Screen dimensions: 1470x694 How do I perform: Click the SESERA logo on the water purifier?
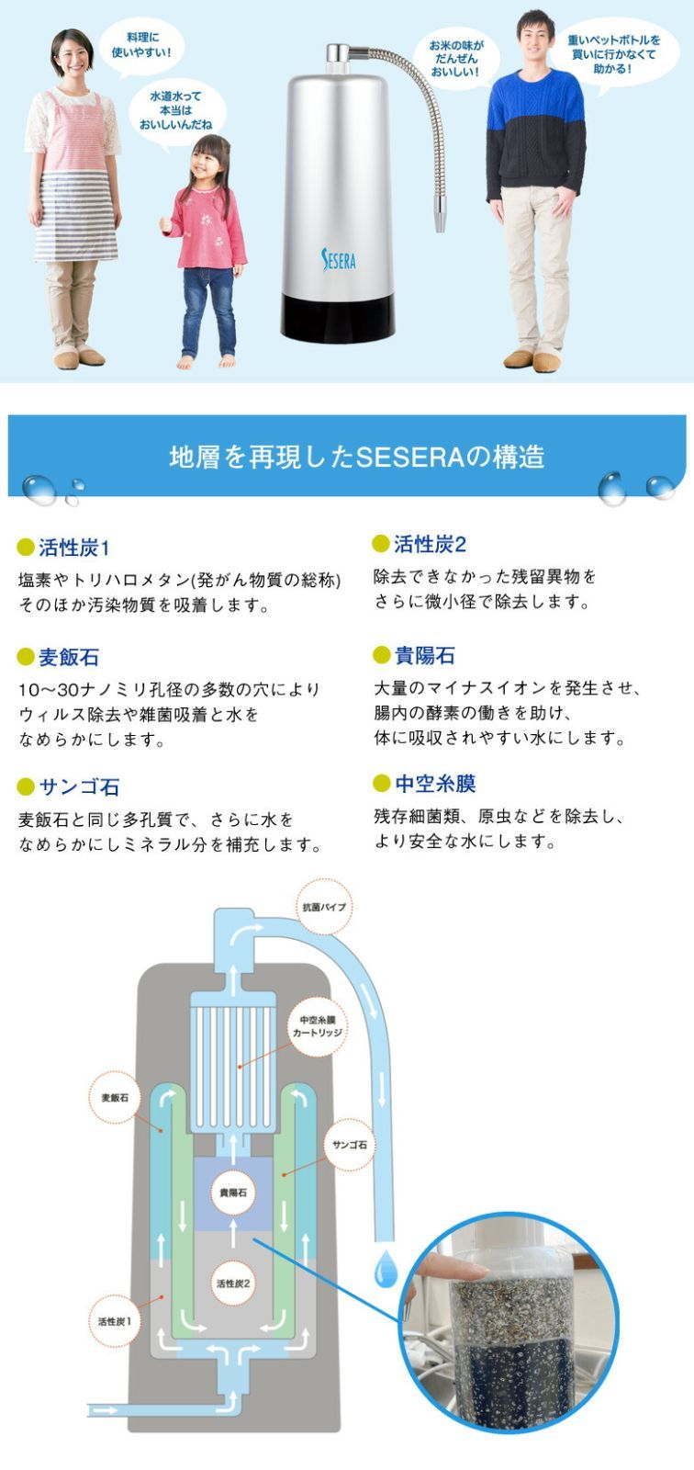(x=339, y=258)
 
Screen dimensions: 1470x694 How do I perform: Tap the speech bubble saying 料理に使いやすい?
(x=141, y=45)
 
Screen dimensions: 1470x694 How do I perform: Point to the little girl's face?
(x=210, y=159)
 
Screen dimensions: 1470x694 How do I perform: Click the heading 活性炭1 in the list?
(x=74, y=548)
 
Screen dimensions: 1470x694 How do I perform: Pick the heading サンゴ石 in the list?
(x=79, y=787)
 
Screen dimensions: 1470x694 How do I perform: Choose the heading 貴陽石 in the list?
(x=424, y=655)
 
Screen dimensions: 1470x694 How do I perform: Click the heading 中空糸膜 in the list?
(x=435, y=784)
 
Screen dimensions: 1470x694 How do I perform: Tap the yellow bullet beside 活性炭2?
(x=381, y=544)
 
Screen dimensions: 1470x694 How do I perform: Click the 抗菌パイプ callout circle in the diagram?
(x=324, y=907)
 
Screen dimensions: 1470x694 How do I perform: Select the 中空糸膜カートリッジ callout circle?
(x=317, y=1026)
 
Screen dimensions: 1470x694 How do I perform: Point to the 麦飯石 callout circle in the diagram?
(x=115, y=1097)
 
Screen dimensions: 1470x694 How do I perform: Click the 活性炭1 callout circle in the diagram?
(x=115, y=1321)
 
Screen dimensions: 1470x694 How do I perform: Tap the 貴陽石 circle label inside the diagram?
(x=233, y=1193)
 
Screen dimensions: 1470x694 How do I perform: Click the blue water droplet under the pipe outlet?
(x=386, y=1272)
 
